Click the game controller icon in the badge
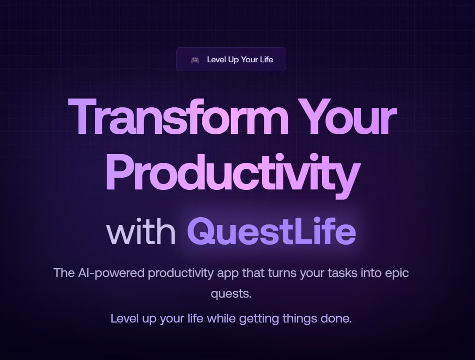(195, 60)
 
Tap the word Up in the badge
(233, 60)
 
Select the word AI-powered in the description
(111, 273)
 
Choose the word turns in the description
(282, 273)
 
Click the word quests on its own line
(231, 293)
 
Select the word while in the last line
(221, 318)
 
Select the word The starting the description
(64, 273)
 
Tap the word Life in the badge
(266, 60)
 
